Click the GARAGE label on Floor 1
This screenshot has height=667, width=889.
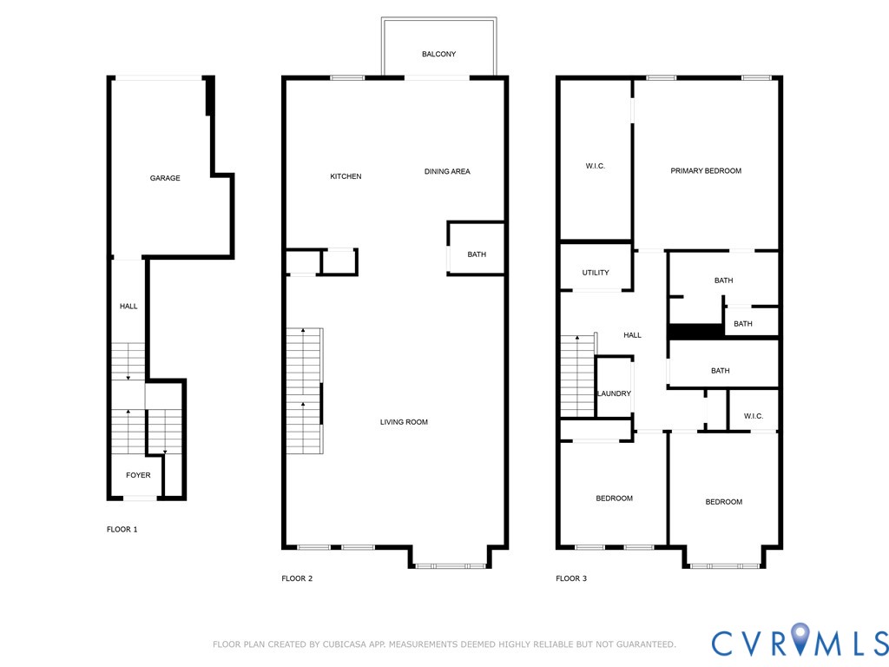(x=165, y=178)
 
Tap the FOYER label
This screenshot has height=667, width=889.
(x=138, y=475)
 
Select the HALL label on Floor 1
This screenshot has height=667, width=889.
(x=128, y=306)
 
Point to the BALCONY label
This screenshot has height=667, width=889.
(x=438, y=54)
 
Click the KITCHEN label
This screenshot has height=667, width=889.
(x=346, y=176)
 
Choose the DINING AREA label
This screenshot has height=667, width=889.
(x=447, y=171)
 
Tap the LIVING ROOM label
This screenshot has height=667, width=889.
(x=404, y=422)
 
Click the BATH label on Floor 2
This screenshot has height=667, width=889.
(x=477, y=254)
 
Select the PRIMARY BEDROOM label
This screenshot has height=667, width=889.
(x=706, y=170)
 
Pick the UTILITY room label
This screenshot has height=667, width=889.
(x=596, y=273)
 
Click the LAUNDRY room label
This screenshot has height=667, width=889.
(x=614, y=393)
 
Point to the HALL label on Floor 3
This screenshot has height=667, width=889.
(x=632, y=335)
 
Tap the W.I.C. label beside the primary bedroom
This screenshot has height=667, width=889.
(x=596, y=166)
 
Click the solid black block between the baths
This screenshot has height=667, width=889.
(x=695, y=331)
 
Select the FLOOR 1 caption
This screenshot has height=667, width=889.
(x=122, y=529)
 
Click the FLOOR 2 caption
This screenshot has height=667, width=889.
(x=297, y=578)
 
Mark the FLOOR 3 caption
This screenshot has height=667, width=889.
(x=571, y=578)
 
